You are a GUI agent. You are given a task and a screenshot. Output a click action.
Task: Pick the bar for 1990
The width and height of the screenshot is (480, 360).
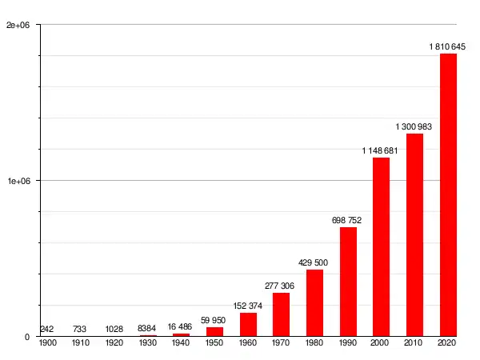click(348, 282)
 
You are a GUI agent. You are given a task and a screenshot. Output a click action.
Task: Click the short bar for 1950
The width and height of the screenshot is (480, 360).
click(214, 331)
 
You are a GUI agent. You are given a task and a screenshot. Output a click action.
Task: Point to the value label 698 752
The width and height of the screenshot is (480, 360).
click(348, 220)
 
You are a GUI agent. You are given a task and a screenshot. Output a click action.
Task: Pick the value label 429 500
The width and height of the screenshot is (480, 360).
click(314, 262)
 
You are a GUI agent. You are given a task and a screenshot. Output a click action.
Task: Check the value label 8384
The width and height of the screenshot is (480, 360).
click(147, 328)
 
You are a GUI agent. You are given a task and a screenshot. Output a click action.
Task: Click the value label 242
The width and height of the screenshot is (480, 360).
click(46, 329)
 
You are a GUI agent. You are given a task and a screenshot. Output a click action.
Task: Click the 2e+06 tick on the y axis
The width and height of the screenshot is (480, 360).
click(18, 26)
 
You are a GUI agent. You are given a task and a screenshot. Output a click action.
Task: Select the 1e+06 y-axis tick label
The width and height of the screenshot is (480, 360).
click(18, 182)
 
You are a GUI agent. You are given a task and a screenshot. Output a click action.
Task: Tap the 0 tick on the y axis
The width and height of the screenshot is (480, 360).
click(26, 337)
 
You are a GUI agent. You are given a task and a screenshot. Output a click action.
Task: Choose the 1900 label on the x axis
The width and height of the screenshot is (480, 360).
click(47, 342)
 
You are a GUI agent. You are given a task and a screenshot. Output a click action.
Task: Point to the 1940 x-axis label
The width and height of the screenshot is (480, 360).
click(181, 342)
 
